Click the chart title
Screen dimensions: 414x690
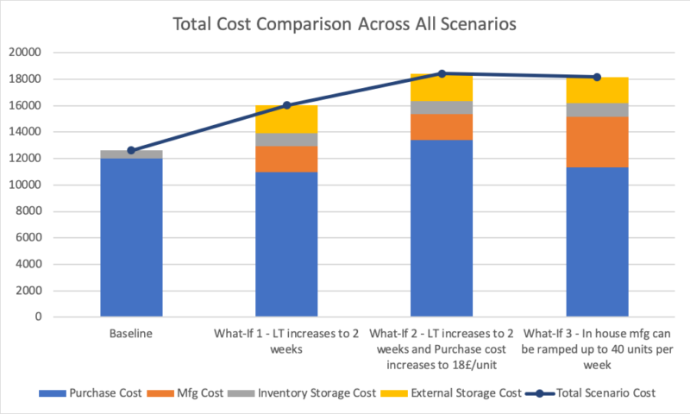click(x=345, y=24)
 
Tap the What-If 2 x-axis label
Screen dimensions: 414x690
click(x=442, y=348)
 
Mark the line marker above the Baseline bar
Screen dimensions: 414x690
click(x=131, y=150)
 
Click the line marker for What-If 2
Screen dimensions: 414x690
click(x=442, y=73)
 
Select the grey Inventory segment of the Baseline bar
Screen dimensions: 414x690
click(x=131, y=154)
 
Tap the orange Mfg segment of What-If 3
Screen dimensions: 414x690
click(x=597, y=141)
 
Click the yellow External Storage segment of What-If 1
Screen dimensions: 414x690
click(x=286, y=119)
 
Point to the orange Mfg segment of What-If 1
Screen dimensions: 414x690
click(x=286, y=159)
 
